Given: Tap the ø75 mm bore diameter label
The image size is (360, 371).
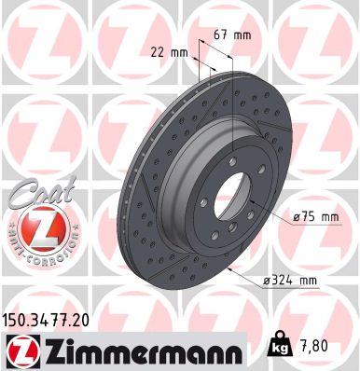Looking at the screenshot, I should [315, 217].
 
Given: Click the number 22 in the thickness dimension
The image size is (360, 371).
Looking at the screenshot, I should [155, 53].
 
